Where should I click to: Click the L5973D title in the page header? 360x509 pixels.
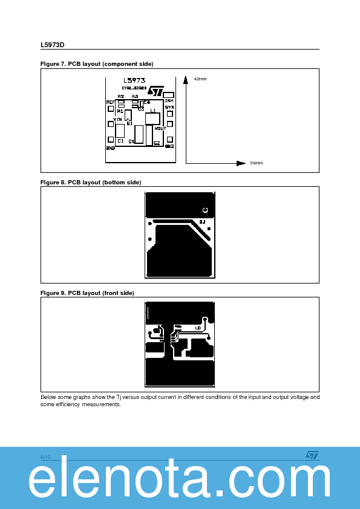52,45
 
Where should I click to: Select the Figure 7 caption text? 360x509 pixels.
97,64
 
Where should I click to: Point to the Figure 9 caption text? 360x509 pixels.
87,293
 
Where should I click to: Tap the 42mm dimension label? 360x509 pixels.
200,79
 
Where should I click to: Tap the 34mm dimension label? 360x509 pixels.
256,163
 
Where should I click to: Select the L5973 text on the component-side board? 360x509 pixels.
134,80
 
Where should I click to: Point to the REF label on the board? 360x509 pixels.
111,103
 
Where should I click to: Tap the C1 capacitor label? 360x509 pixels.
120,141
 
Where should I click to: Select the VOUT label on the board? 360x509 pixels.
160,128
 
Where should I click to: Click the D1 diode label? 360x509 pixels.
132,141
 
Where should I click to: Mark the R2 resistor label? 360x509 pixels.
121,97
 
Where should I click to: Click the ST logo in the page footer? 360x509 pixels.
312,455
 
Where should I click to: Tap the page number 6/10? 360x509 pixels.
45,457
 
